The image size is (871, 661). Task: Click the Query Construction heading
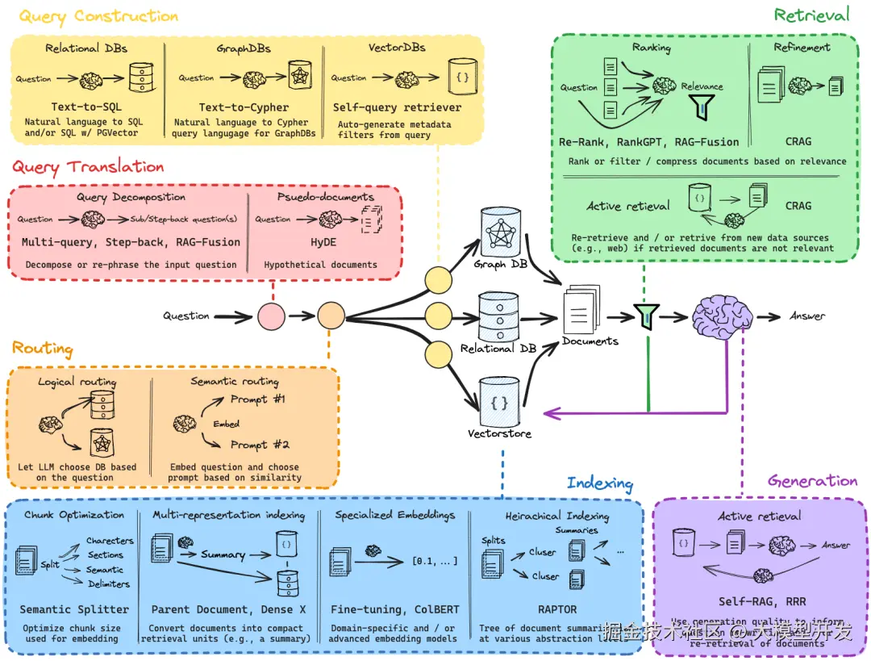98,16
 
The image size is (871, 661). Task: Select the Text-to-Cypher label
244,107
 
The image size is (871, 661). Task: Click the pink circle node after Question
271,316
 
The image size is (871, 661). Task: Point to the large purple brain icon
722,316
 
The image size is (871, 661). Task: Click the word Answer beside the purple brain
807,316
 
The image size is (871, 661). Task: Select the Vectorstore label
500,433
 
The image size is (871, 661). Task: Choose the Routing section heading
42,349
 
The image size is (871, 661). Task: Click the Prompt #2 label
260,445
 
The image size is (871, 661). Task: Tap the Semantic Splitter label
74,609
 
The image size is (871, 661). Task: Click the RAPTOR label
557,609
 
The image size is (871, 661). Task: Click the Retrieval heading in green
811,15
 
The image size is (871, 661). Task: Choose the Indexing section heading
599,483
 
